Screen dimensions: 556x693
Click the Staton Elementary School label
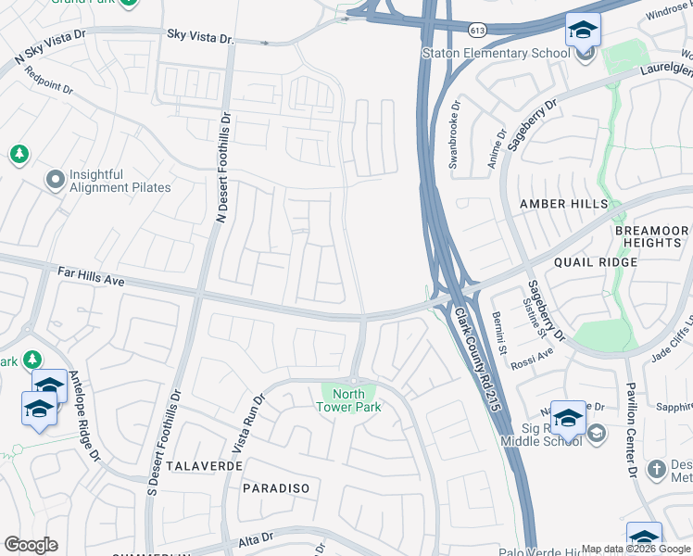pyautogui.click(x=496, y=53)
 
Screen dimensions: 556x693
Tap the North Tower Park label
pyautogui.click(x=348, y=400)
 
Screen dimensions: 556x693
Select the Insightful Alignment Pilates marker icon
pyautogui.click(x=55, y=177)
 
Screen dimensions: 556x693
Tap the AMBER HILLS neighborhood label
pyautogui.click(x=563, y=204)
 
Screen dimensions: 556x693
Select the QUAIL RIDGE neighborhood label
pyautogui.click(x=595, y=262)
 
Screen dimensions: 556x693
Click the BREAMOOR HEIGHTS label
pyautogui.click(x=651, y=236)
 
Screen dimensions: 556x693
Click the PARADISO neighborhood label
pyautogui.click(x=275, y=487)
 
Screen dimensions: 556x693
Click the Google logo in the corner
pyautogui.click(x=31, y=545)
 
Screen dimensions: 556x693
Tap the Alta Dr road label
pyautogui.click(x=255, y=537)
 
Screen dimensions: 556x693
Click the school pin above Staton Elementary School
pyautogui.click(x=583, y=32)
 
